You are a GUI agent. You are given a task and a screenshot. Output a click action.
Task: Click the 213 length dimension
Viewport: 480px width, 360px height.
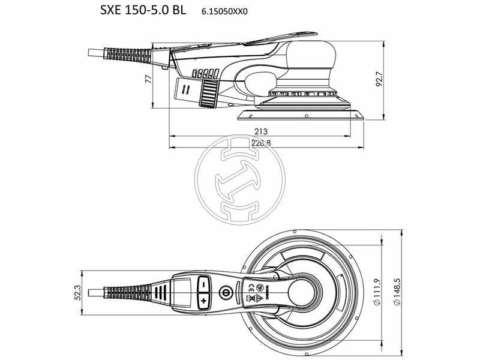[x=260, y=131]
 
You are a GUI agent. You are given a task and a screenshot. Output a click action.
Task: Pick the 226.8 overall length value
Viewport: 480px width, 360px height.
[x=260, y=143]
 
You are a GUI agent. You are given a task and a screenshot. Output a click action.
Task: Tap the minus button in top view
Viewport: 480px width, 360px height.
[x=203, y=282]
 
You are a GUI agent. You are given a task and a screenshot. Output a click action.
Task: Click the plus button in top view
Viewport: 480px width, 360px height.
[x=203, y=299]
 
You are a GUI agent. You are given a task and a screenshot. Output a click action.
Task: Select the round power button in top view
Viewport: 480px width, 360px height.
[x=226, y=293]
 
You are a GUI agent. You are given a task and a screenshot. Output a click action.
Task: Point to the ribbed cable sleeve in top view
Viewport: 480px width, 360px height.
[x=124, y=292]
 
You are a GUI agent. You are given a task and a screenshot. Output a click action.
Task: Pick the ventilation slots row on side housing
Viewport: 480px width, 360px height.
[x=205, y=74]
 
